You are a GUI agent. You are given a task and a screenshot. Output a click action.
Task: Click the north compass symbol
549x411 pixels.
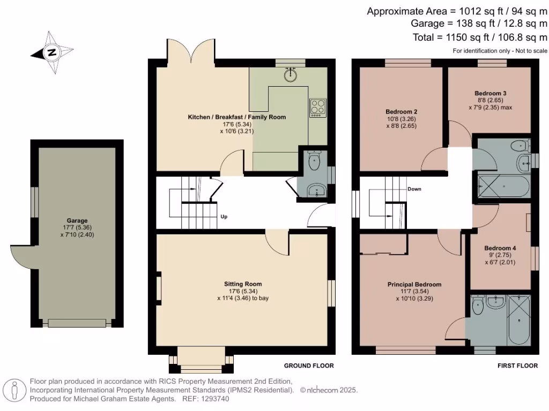52,52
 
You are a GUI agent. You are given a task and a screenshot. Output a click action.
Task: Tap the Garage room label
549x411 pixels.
77,220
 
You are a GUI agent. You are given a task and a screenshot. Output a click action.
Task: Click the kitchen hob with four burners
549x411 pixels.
316,108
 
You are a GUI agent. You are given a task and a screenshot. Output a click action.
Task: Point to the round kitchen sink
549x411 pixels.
290,74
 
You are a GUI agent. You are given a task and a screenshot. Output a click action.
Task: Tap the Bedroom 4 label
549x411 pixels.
500,248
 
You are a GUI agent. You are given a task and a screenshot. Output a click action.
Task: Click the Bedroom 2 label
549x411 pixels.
400,112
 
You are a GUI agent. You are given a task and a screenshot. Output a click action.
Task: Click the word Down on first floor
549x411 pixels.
414,189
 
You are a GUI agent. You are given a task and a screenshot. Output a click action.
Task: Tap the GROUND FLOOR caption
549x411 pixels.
308,366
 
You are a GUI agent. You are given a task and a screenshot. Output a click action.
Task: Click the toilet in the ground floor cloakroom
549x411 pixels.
314,161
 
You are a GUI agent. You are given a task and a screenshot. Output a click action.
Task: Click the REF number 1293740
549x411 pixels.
213,399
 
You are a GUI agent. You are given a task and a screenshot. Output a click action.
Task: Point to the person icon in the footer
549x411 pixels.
16,391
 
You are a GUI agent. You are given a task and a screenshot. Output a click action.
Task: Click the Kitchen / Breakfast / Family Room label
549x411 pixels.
236,117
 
